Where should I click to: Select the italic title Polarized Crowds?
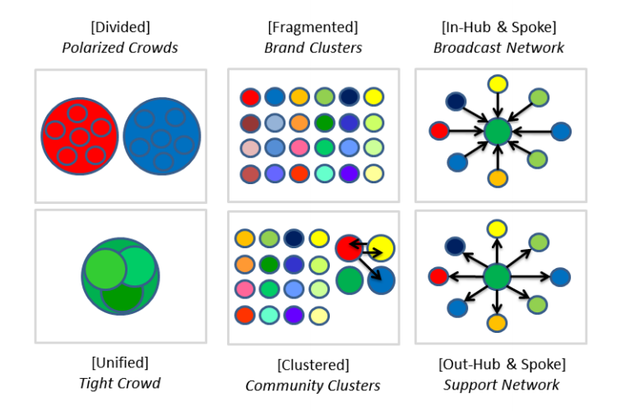(x=120, y=47)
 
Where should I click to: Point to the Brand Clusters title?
(x=313, y=47)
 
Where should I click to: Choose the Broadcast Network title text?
(x=499, y=47)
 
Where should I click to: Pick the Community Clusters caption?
(x=313, y=385)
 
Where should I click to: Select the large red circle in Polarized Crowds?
(x=79, y=136)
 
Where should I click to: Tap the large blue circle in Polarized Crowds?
(x=162, y=136)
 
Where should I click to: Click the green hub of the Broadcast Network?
(x=498, y=132)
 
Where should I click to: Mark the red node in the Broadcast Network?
(x=439, y=131)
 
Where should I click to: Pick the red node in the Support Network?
(x=439, y=276)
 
